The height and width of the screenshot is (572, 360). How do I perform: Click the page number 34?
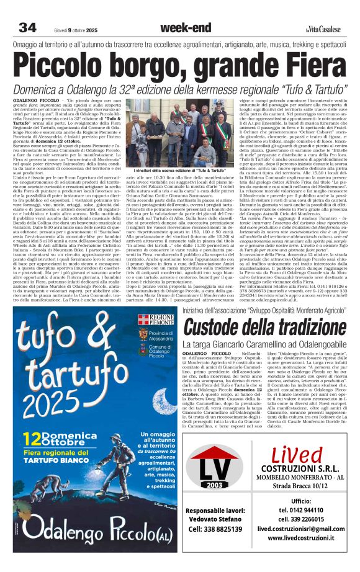click(27, 27)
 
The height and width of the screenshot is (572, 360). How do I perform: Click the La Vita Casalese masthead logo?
click(323, 29)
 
